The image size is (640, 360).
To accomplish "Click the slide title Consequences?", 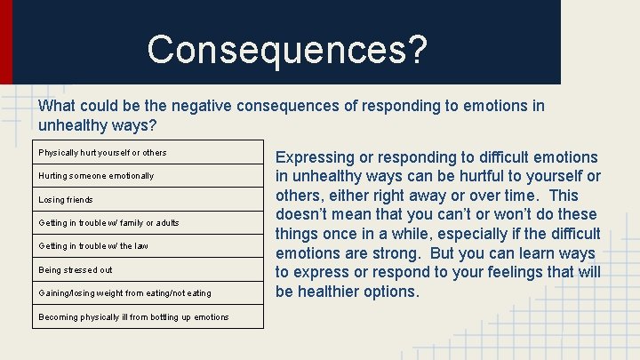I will (x=287, y=49).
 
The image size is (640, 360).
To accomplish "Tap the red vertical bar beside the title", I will (x=6, y=41).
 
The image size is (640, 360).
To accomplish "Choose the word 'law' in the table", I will (x=141, y=246).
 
